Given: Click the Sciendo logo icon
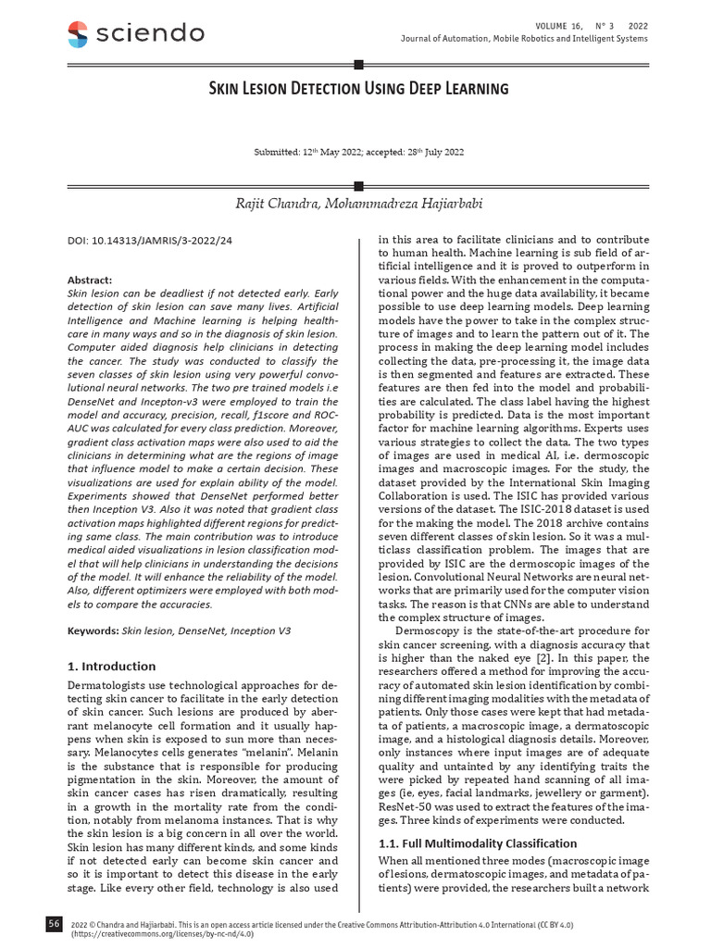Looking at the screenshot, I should point(79,34).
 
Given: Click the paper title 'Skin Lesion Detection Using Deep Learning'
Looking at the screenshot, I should point(357,89).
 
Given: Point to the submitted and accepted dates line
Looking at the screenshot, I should point(358,151).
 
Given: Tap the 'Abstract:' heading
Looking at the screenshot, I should point(90,280).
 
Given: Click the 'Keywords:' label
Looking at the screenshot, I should point(94,630).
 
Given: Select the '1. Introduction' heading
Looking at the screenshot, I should point(112,666).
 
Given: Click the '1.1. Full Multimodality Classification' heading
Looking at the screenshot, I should point(478,843).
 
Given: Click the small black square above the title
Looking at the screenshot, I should point(358,64).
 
